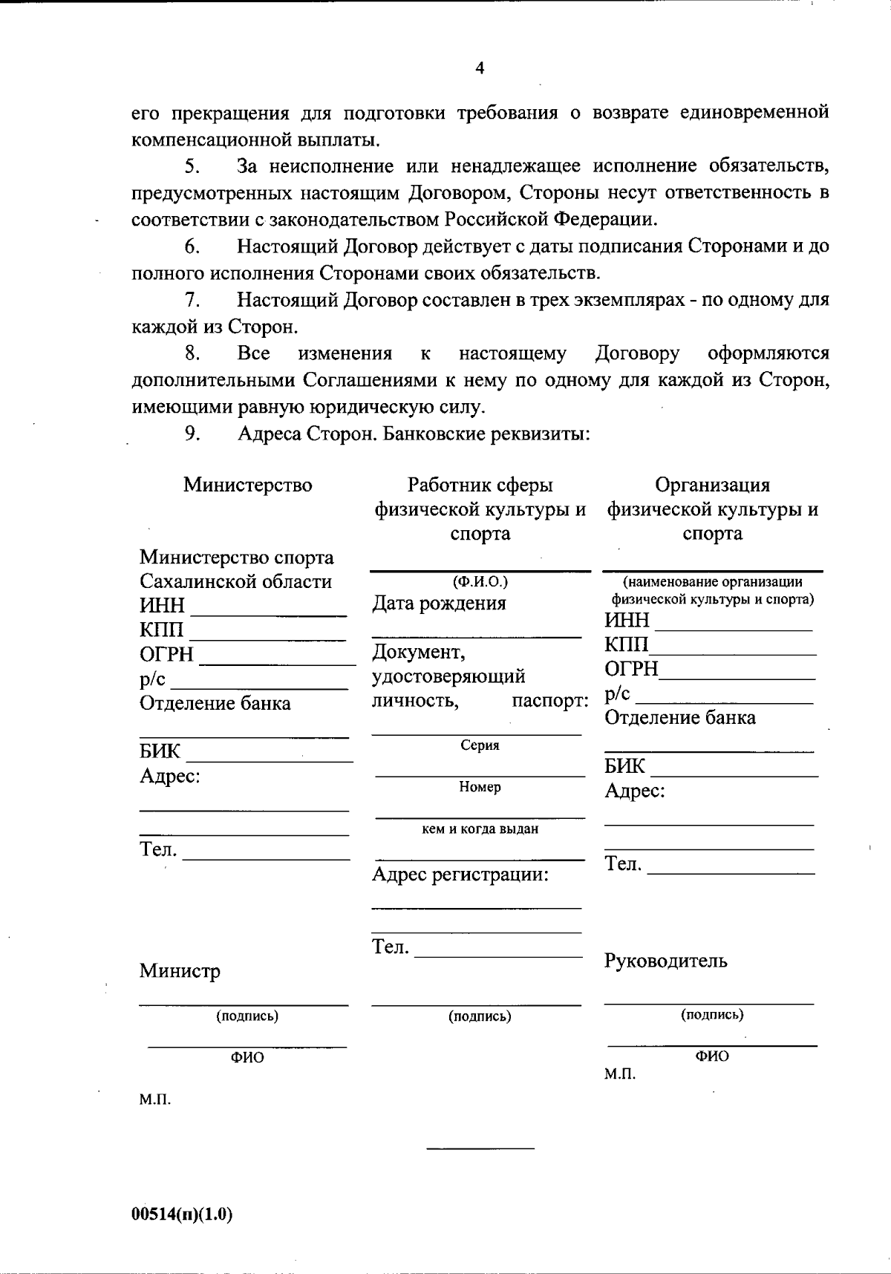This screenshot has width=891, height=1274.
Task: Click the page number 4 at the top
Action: click(x=480, y=68)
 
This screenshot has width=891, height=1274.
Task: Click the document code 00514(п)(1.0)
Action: click(x=182, y=1215)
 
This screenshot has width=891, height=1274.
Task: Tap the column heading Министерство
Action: click(x=248, y=486)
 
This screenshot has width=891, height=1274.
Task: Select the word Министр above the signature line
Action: click(x=180, y=971)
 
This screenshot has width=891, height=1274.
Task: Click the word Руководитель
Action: click(x=665, y=961)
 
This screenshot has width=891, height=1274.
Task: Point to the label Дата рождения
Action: click(x=439, y=604)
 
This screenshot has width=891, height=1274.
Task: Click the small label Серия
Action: click(x=480, y=745)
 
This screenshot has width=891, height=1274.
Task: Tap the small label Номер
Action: click(x=480, y=787)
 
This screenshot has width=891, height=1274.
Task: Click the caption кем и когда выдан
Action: click(x=480, y=829)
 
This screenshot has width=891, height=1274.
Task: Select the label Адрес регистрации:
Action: click(x=460, y=875)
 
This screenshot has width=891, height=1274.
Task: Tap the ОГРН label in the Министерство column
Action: click(x=166, y=655)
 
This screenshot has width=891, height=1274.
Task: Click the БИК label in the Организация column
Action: click(x=624, y=766)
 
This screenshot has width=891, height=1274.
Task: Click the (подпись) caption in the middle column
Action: click(x=480, y=1016)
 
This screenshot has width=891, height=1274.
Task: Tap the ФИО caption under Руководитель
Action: click(x=712, y=1056)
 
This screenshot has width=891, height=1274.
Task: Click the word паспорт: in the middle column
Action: click(x=550, y=700)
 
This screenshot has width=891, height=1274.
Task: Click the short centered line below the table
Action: click(x=480, y=1149)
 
